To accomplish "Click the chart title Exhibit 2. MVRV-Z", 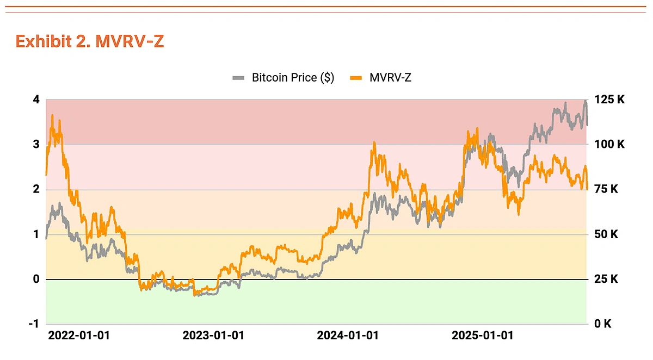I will tap(90, 42).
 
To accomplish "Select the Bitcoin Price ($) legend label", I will tap(292, 78).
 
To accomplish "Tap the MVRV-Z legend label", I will tap(390, 78).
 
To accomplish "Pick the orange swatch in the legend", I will tap(356, 78).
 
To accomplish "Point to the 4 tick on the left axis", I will tap(36, 100).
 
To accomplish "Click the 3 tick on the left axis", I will tap(36, 145).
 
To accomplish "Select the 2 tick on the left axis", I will tap(36, 189).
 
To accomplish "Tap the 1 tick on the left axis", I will tap(36, 234).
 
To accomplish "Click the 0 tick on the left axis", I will tap(36, 280).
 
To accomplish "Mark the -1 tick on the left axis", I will tap(34, 324).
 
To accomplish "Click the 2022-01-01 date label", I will tap(79, 336).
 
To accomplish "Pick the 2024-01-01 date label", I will tap(348, 336).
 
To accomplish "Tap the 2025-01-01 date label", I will tap(483, 336).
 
